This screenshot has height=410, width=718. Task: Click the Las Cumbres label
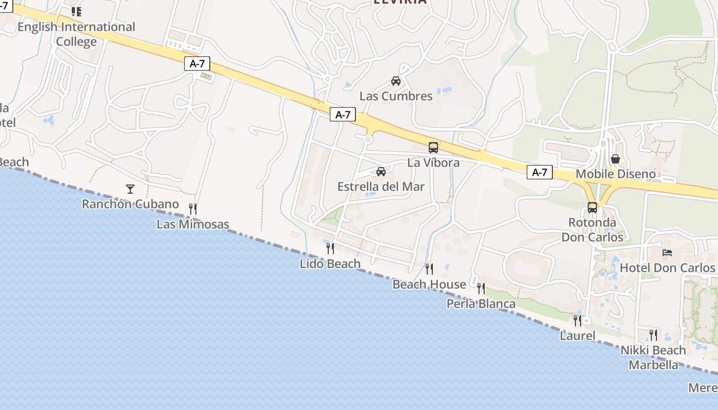tap(396, 96)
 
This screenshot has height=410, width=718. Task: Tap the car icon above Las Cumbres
tap(396, 81)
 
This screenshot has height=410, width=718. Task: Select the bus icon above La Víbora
tap(433, 148)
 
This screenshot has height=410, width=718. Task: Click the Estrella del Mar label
tap(381, 187)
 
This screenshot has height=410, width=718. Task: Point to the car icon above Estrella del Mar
tap(381, 172)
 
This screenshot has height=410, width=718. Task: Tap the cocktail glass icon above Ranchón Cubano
tap(130, 189)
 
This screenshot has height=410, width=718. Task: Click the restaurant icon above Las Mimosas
tap(193, 209)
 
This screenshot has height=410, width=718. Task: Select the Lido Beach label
tap(330, 264)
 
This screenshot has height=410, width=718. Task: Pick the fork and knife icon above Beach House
tap(429, 269)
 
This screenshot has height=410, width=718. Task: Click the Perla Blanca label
tap(481, 304)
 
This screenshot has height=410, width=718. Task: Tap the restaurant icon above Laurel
tap(577, 321)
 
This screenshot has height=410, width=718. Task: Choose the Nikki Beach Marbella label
tap(653, 358)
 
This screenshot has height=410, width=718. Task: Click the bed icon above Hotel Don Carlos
tap(667, 253)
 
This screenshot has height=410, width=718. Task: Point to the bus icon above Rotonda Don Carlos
tap(592, 208)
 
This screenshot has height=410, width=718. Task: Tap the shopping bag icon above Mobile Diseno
tap(615, 159)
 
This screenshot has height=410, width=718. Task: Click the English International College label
tap(76, 34)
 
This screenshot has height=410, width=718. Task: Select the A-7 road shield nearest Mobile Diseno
tap(540, 173)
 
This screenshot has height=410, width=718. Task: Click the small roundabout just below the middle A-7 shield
tap(368, 139)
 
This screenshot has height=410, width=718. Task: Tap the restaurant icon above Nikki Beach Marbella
tap(653, 335)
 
